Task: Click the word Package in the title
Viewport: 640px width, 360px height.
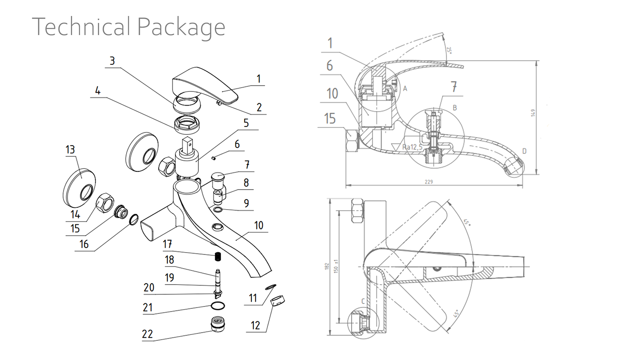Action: click(x=181, y=27)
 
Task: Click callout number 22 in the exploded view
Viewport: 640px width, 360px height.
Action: click(x=147, y=334)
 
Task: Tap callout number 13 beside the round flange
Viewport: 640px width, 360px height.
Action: click(x=70, y=149)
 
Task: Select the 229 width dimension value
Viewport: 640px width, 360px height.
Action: click(x=428, y=182)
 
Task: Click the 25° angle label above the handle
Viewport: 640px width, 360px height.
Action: click(x=449, y=49)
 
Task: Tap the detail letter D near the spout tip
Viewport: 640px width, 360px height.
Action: click(x=524, y=151)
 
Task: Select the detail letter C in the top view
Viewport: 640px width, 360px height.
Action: click(x=363, y=301)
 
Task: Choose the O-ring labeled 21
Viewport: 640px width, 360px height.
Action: click(x=218, y=306)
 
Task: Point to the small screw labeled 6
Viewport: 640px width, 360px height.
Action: click(x=213, y=158)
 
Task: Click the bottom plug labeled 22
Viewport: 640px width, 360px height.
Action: click(x=218, y=324)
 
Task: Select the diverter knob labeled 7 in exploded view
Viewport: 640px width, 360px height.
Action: click(x=218, y=176)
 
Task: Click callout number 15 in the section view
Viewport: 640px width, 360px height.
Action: click(x=330, y=118)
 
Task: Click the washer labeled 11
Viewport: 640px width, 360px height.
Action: click(x=270, y=286)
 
